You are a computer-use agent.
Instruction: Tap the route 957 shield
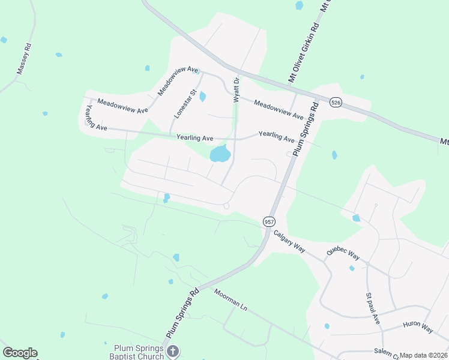click(x=269, y=221)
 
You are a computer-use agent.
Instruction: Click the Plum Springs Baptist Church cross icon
click(x=172, y=351)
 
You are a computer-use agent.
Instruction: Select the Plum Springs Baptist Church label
click(x=139, y=352)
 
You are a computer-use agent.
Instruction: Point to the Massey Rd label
click(x=23, y=58)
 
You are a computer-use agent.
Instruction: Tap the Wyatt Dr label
click(x=237, y=89)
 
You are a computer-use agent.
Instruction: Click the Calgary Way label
click(x=289, y=243)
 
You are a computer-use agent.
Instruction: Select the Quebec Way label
click(x=343, y=254)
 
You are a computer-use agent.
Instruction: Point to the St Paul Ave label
click(x=373, y=309)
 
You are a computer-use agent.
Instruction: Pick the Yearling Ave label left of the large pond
click(x=194, y=138)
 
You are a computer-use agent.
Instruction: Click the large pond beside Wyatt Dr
click(x=220, y=154)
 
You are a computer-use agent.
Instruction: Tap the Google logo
click(x=20, y=353)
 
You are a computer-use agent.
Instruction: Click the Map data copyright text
click(x=424, y=355)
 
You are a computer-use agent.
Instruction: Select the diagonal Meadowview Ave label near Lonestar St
click(x=178, y=81)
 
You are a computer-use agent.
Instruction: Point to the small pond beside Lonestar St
click(x=202, y=96)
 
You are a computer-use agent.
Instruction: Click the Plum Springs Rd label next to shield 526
click(x=306, y=130)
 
